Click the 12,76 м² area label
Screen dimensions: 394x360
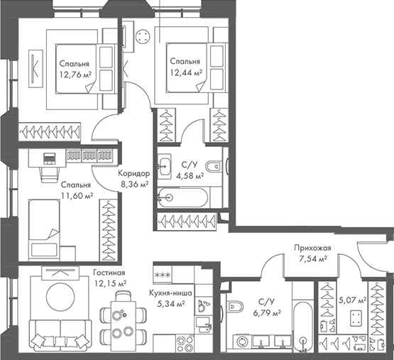point(75,75)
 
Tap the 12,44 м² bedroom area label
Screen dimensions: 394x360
point(186,73)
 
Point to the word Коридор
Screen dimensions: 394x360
point(134,174)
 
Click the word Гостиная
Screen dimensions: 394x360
point(109,273)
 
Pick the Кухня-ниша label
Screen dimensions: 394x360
point(170,293)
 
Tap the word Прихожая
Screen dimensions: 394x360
point(313,248)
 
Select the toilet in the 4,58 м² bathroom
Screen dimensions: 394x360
point(214,166)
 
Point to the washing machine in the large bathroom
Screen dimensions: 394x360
point(243,342)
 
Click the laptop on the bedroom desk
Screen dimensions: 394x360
point(50,158)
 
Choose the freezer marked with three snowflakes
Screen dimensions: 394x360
point(163,275)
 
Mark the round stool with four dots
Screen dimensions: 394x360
point(143,37)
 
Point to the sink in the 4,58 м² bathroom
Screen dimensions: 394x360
point(165,166)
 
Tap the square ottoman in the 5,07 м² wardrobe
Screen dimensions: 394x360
point(356,318)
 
